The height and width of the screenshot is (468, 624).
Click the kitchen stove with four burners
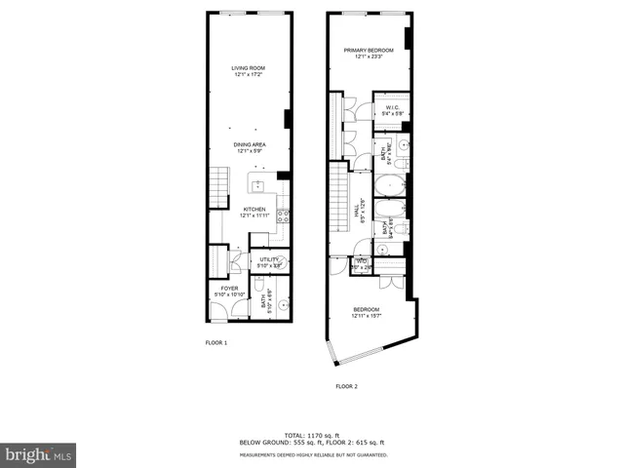[283, 217]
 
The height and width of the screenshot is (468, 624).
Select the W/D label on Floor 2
[361, 261]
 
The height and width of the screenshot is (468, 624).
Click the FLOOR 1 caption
[215, 343]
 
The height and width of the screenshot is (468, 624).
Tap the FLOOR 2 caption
[347, 387]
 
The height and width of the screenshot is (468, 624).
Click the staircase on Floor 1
[218, 185]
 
